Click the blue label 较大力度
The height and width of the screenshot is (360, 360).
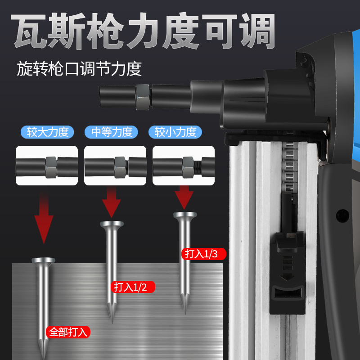pyautogui.click(x=47, y=132)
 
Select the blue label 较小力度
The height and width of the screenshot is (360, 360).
pyautogui.click(x=175, y=132)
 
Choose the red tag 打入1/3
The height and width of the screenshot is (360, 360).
pyautogui.click(x=203, y=253)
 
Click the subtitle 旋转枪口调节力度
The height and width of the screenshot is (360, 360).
pyautogui.click(x=79, y=69)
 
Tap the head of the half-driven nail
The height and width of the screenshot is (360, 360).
pyautogui.click(x=112, y=224)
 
